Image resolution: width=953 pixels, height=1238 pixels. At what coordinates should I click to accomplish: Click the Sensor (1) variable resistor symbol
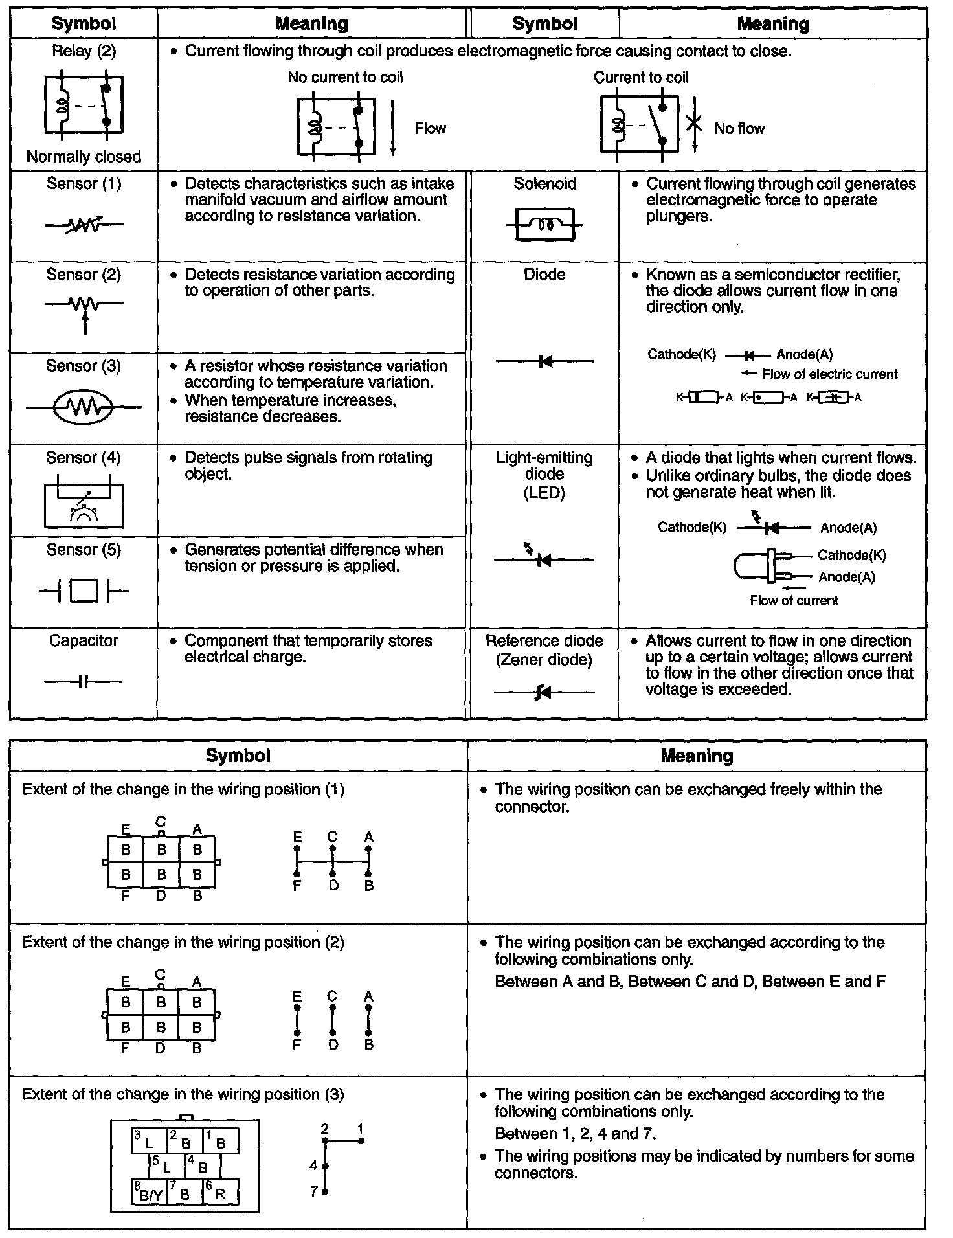coord(84,225)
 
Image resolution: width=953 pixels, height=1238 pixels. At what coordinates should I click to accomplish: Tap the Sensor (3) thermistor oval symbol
coord(84,407)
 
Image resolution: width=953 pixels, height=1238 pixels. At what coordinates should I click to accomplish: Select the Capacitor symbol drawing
coord(83,682)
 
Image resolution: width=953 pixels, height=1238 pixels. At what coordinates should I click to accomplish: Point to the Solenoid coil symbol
coord(544,225)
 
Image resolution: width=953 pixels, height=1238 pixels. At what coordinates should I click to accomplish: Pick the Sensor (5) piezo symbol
coord(84,591)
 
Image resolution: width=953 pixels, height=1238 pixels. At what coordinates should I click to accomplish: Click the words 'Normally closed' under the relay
coord(84,157)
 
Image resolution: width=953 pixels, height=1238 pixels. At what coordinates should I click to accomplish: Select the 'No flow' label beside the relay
coord(739,129)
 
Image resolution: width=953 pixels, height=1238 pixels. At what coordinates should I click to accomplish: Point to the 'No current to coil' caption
coord(345,78)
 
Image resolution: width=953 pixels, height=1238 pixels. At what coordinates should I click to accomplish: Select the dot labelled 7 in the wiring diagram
coord(326,1191)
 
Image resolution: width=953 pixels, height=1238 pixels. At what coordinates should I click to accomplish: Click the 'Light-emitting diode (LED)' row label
coord(544,475)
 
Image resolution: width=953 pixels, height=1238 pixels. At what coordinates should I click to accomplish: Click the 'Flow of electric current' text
coord(829,374)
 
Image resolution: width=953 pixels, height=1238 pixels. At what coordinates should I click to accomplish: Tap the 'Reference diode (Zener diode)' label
coord(544,650)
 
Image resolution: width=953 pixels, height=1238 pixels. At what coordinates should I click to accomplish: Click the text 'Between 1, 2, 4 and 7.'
coord(576,1134)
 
